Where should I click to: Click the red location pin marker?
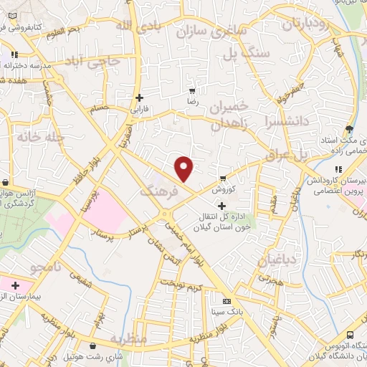(x=185, y=168)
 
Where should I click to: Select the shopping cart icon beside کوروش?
(x=224, y=178)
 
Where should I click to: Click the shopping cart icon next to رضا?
(x=191, y=91)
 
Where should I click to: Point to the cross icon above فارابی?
(x=140, y=97)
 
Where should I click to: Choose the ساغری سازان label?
(x=216, y=31)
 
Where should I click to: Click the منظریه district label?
(x=128, y=338)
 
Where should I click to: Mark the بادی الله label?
(x=135, y=27)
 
